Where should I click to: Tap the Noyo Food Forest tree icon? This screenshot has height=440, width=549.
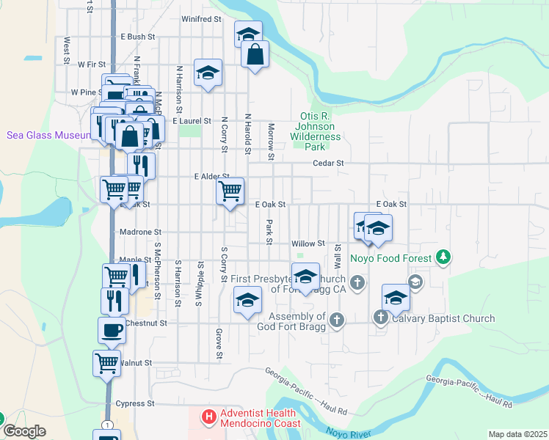443,257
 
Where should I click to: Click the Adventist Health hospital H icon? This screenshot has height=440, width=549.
209,417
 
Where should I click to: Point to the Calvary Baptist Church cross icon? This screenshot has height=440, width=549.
380,318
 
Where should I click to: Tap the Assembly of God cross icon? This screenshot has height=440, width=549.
336,319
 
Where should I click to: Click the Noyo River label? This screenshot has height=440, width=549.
347,433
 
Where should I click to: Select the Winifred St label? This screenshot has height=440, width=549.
201,19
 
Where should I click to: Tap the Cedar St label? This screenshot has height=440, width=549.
328,164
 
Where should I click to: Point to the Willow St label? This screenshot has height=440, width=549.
308,243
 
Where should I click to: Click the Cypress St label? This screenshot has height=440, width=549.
135,403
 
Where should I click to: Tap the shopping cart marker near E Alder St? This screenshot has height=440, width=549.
230,191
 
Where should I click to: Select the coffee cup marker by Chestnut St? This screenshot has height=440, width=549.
112,330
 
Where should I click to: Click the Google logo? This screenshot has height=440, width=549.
24,431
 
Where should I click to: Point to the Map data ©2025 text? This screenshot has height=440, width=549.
517,434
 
